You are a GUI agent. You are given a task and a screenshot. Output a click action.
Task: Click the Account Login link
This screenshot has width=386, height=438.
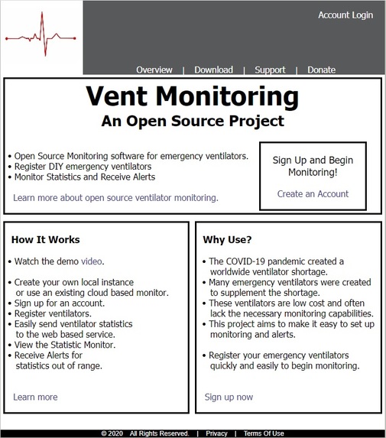345,15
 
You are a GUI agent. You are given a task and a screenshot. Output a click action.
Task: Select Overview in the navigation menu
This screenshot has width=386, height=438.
154,70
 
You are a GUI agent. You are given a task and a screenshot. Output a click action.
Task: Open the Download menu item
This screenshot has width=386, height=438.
213,70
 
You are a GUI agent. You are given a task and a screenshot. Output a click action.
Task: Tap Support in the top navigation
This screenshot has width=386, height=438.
270,70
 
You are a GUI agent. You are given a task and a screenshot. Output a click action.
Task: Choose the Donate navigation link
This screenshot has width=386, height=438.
321,70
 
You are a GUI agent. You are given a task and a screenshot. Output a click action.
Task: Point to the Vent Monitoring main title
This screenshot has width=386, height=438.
192,97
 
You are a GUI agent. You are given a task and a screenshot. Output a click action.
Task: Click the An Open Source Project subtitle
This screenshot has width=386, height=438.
192,121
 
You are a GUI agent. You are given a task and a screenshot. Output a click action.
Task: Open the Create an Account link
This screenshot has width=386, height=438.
313,194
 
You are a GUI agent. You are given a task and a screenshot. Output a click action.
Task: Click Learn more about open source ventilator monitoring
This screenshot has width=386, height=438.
115,198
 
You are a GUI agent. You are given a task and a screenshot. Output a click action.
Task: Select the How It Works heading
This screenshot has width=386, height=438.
46,240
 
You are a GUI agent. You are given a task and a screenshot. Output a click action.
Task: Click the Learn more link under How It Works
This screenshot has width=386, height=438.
35,397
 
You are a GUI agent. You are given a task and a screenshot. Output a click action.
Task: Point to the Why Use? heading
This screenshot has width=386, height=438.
228,240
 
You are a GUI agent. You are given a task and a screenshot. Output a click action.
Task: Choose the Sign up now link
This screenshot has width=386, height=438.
229,397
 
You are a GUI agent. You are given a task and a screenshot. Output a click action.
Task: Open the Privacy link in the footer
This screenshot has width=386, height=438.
216,433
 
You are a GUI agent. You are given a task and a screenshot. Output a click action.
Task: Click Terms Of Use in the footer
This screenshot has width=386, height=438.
264,433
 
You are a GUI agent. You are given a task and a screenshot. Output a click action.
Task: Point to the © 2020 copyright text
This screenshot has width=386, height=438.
112,433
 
